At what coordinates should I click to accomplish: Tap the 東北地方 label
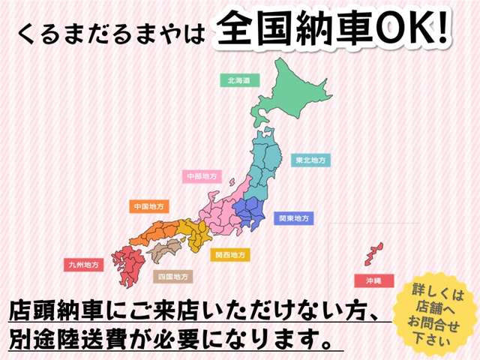(x=309, y=160)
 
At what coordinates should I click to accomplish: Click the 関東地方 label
(x=294, y=218)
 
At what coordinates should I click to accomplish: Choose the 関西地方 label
(x=229, y=255)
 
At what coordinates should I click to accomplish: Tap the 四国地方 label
(x=172, y=276)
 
